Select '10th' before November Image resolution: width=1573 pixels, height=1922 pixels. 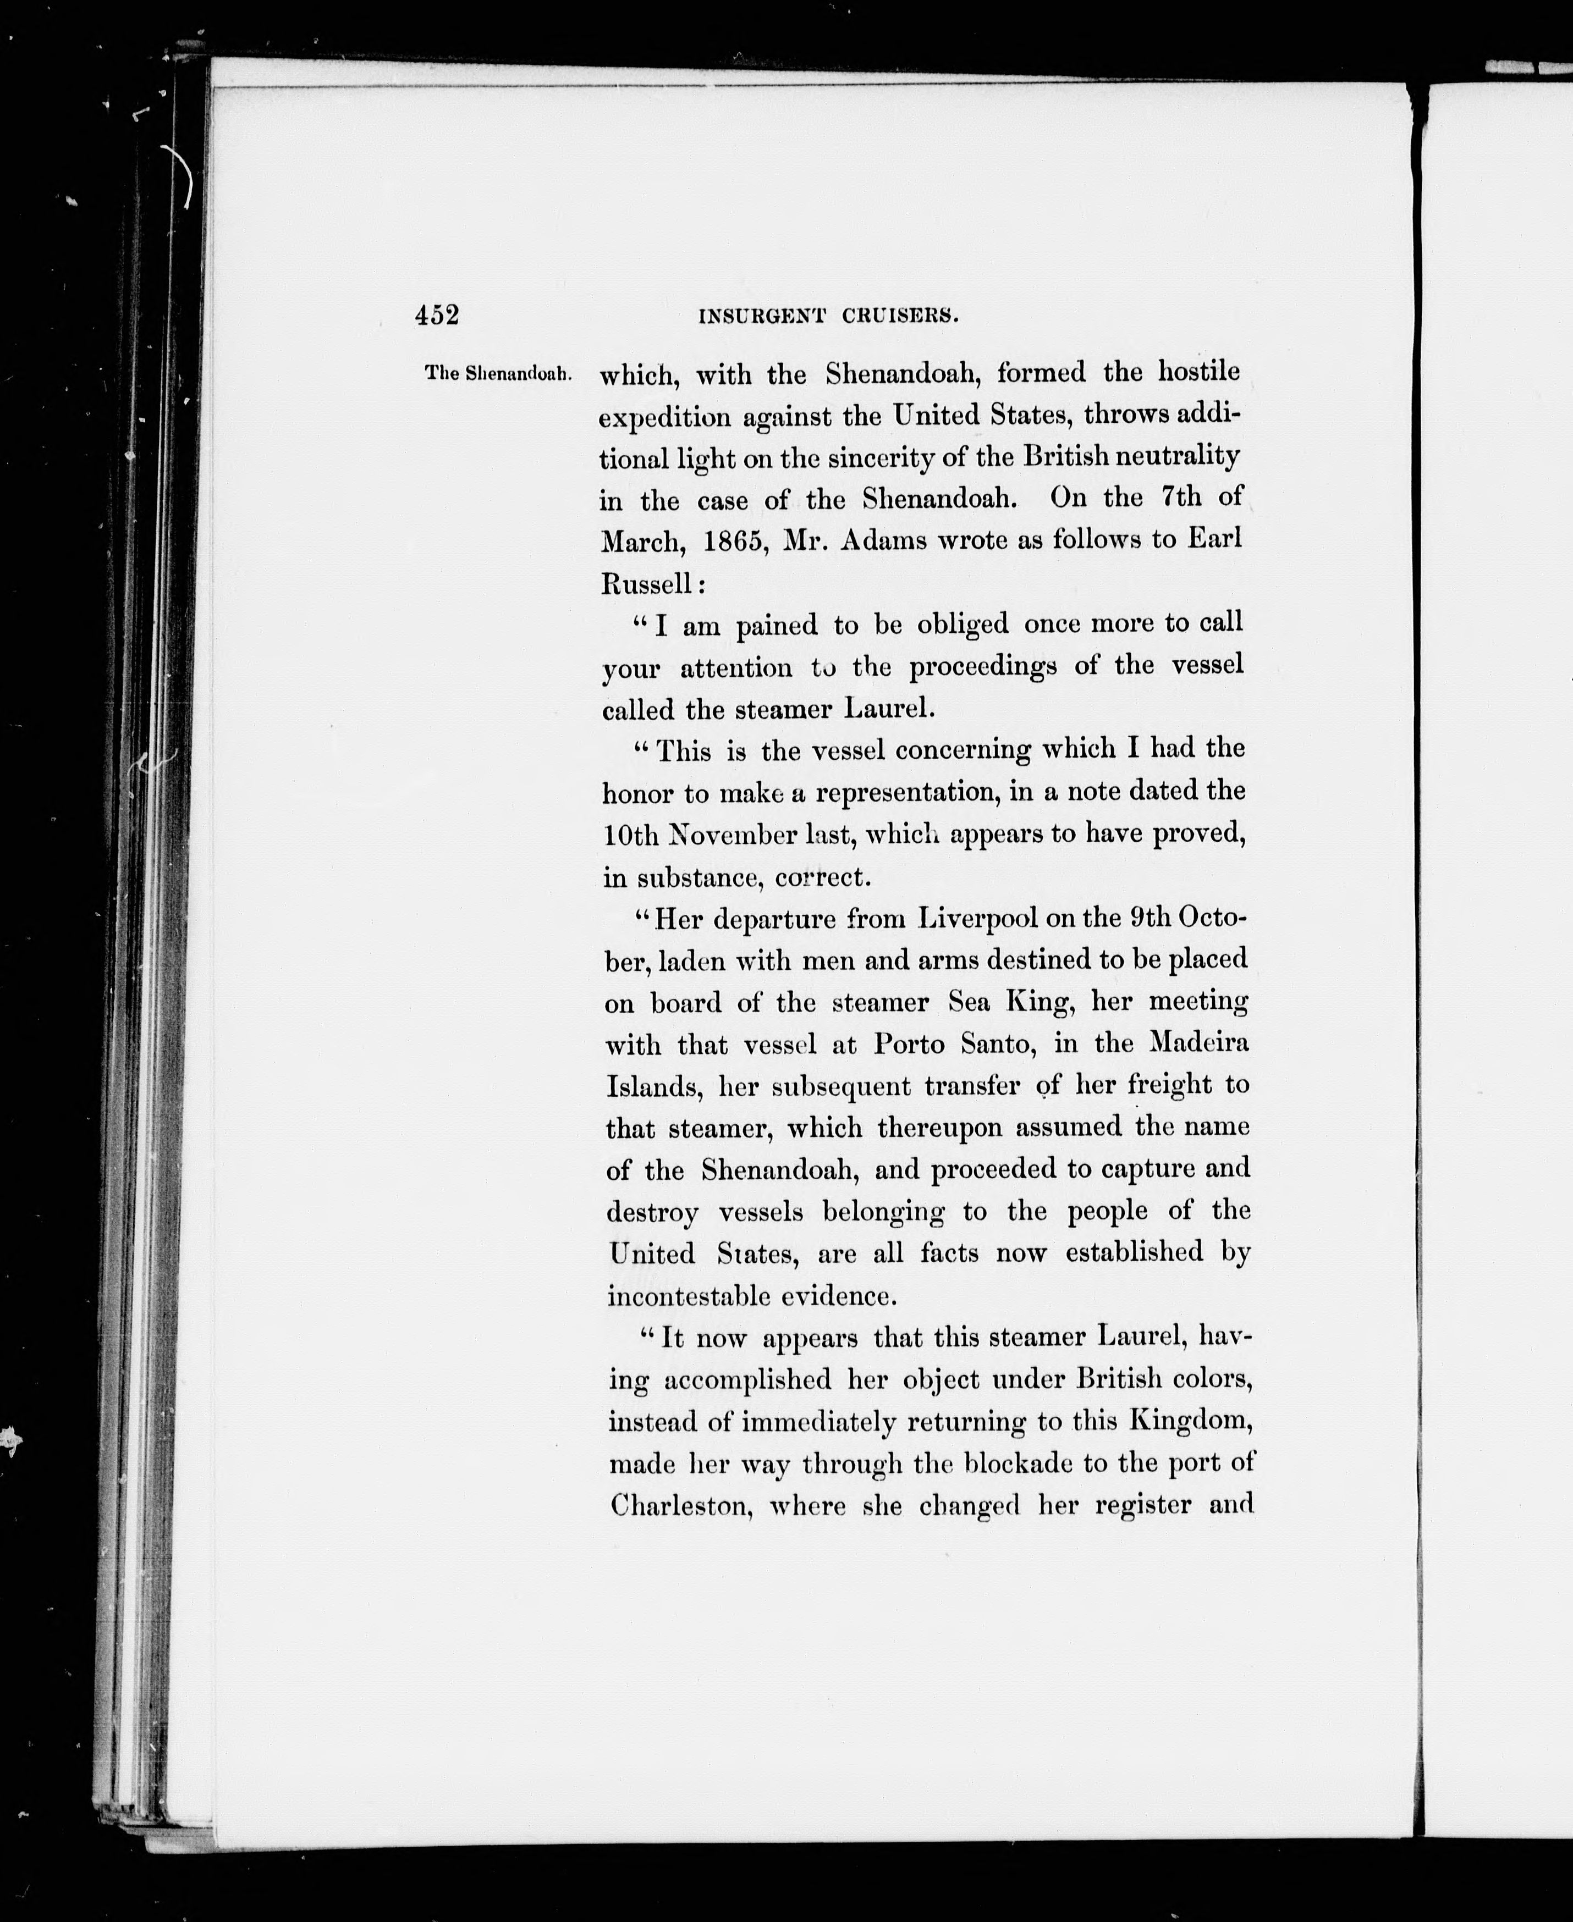[631, 834]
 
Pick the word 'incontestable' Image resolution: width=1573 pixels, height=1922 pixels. [687, 1296]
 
